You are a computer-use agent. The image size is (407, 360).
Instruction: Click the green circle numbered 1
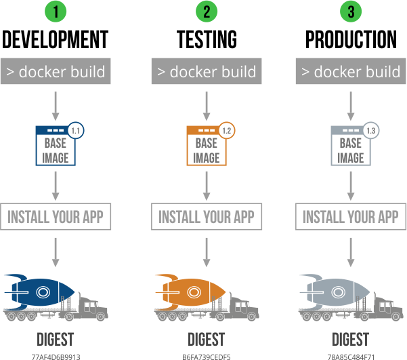pos(56,12)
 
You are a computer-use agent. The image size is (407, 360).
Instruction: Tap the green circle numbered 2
pos(206,12)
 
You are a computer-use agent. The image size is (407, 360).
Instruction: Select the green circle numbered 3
pos(350,12)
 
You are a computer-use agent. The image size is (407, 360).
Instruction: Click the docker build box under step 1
pos(56,71)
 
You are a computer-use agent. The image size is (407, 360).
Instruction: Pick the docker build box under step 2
pos(206,71)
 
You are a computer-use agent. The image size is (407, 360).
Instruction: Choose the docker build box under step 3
pos(350,71)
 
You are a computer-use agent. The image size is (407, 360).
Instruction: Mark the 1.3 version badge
pos(370,130)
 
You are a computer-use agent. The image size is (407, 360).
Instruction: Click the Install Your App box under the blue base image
pos(56,217)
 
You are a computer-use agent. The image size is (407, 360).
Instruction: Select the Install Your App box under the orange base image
pos(206,217)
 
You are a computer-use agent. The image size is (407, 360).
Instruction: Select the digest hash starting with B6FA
pos(206,356)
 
